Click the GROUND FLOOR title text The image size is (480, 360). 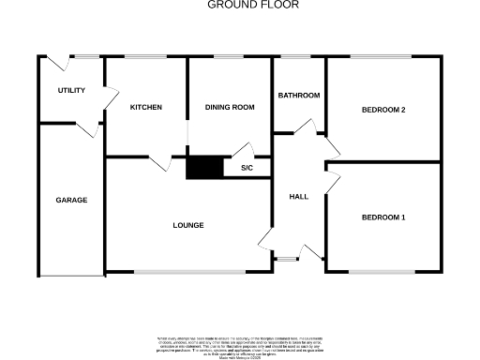coord(239,5)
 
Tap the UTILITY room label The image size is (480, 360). coord(71,90)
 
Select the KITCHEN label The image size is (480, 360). coord(145,108)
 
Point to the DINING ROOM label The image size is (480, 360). coord(230,108)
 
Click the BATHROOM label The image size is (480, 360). coord(299,96)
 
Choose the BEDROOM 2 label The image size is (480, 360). coord(383,110)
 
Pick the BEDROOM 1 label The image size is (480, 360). coord(383,218)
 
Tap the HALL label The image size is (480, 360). coord(298,197)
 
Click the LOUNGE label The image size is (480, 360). coord(188,225)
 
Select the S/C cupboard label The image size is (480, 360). coord(247,169)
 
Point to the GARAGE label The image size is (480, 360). coord(71,201)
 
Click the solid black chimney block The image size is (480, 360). coord(203,167)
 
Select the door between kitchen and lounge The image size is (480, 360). coord(158,163)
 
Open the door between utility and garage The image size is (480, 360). coord(88,128)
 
